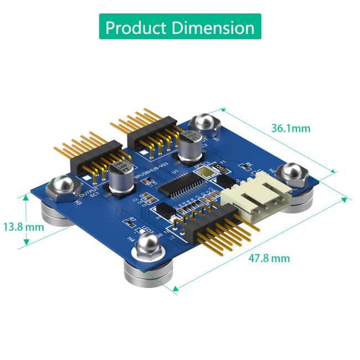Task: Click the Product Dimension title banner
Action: (180, 27)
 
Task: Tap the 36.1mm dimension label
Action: (290, 128)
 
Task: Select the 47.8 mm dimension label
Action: (269, 258)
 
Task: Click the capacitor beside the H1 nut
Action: (189, 146)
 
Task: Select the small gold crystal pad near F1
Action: (208, 173)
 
